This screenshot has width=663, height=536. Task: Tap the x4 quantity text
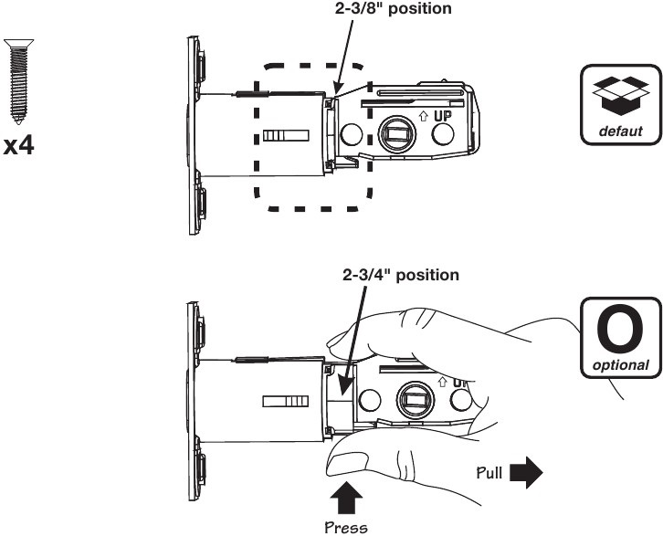click(19, 144)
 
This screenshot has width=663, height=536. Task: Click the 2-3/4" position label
click(395, 274)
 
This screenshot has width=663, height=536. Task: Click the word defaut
click(619, 131)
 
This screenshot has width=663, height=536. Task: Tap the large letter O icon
click(619, 330)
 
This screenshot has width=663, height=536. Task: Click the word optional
click(619, 365)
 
